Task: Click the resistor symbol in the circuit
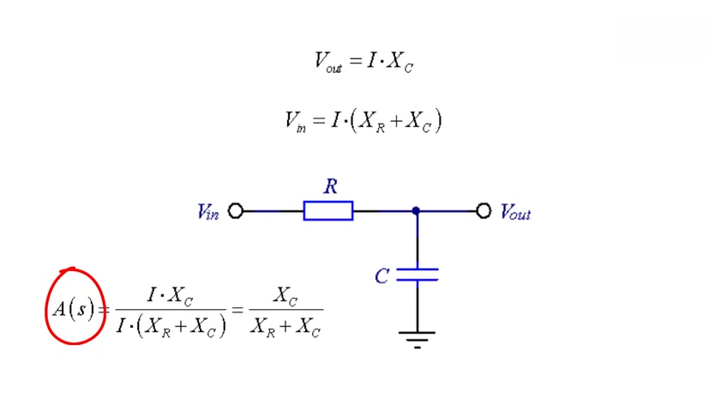327,211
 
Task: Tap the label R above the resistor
330,186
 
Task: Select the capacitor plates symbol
418,275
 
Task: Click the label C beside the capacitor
382,276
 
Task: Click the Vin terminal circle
236,211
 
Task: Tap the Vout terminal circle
484,211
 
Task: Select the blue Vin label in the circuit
208,212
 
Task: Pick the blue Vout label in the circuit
515,212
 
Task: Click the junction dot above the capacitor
417,210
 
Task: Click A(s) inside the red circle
73,308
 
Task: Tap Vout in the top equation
328,62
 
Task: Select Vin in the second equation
295,121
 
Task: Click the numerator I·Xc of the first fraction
171,296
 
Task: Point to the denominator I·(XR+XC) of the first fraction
171,326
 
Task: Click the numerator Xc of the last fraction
285,296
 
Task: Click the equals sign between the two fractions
237,310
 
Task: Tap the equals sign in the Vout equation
354,61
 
